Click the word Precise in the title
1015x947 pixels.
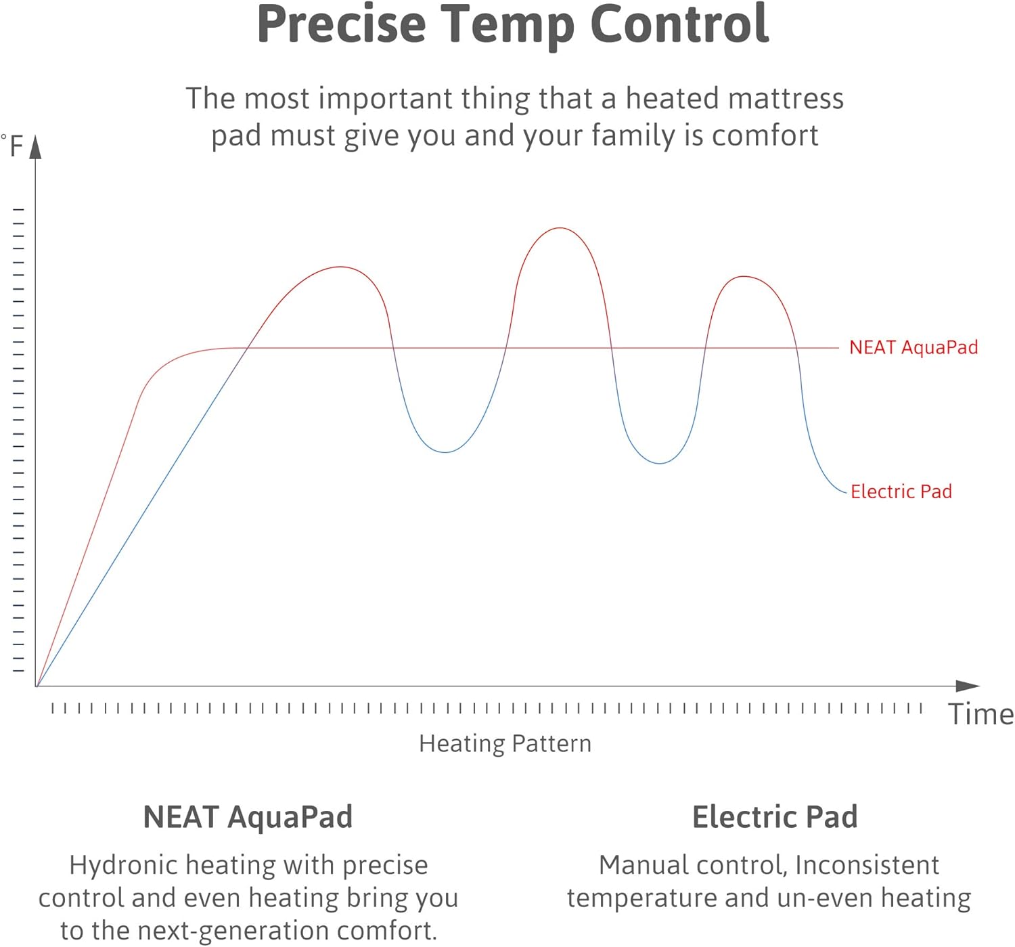pyautogui.click(x=341, y=24)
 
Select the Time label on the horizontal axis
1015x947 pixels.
pyautogui.click(x=980, y=715)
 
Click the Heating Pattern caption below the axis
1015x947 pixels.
pyautogui.click(x=505, y=743)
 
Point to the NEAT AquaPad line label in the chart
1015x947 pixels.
pyautogui.click(x=913, y=347)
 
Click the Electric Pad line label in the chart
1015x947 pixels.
pyautogui.click(x=901, y=491)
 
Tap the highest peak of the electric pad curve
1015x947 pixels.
pyautogui.click(x=560, y=228)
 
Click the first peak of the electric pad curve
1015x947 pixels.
pyautogui.click(x=340, y=267)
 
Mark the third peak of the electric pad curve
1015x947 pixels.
pyautogui.click(x=744, y=276)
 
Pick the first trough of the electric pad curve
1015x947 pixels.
pyautogui.click(x=445, y=452)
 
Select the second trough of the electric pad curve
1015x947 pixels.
pyautogui.click(x=660, y=464)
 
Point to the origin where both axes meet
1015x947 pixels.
pyautogui.click(x=37, y=686)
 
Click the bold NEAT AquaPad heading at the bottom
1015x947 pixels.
pyautogui.click(x=248, y=817)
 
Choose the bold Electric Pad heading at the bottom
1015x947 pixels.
pyautogui.click(x=775, y=817)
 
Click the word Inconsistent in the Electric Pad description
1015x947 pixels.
pyautogui.click(x=867, y=865)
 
